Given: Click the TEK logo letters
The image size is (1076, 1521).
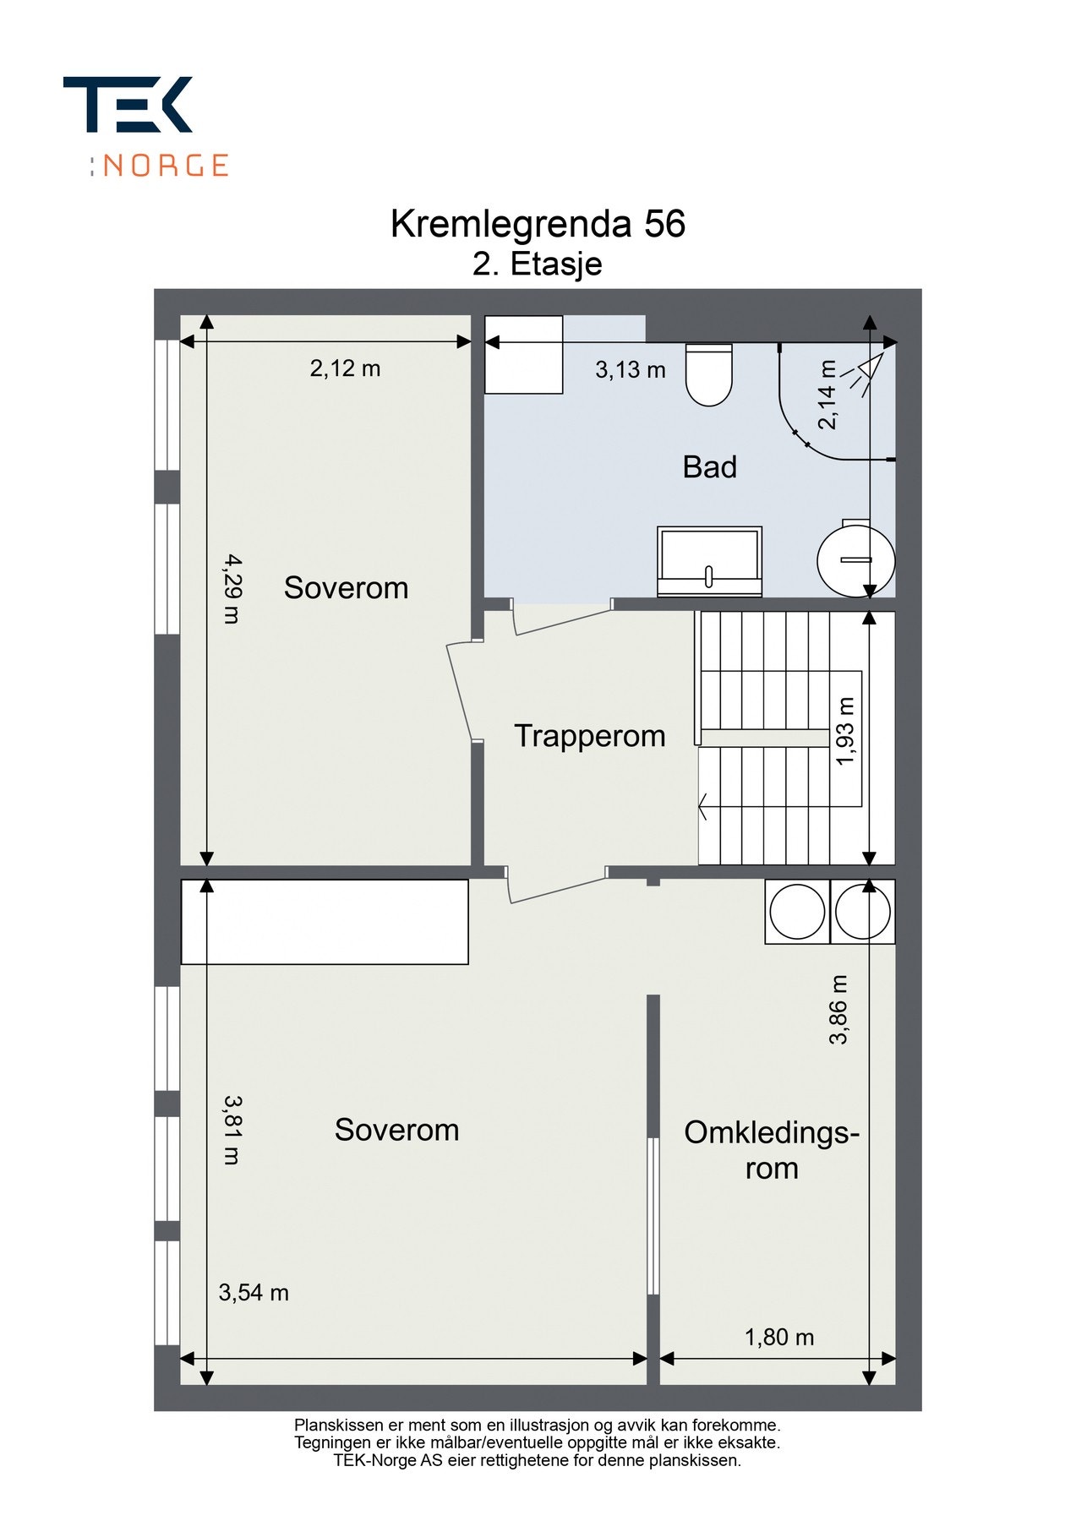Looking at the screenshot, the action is point(128,104).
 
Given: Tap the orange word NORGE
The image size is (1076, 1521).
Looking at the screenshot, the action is point(166,165).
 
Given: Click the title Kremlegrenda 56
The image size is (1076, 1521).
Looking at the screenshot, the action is point(538,224).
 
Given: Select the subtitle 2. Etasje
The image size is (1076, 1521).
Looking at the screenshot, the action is point(538,264).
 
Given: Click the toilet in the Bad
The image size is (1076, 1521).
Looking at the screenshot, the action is point(708,374).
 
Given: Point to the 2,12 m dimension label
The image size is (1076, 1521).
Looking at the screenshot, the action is point(345,368).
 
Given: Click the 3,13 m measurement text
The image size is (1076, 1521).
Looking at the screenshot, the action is point(631,369).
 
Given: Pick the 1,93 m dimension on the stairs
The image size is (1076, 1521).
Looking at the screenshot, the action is point(845,731).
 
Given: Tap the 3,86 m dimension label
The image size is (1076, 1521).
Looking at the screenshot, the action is point(838,1010).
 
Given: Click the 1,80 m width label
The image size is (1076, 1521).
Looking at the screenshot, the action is point(779,1338).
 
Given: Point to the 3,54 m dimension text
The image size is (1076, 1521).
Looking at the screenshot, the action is point(254,1293).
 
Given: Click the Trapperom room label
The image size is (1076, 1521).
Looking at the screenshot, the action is point(590,736).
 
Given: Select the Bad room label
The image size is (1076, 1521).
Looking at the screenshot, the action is point(710,466).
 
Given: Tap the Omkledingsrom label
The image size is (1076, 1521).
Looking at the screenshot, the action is point(772,1150).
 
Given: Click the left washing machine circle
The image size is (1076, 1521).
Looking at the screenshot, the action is point(797,912).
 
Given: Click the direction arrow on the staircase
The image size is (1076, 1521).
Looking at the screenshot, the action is point(703,806).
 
